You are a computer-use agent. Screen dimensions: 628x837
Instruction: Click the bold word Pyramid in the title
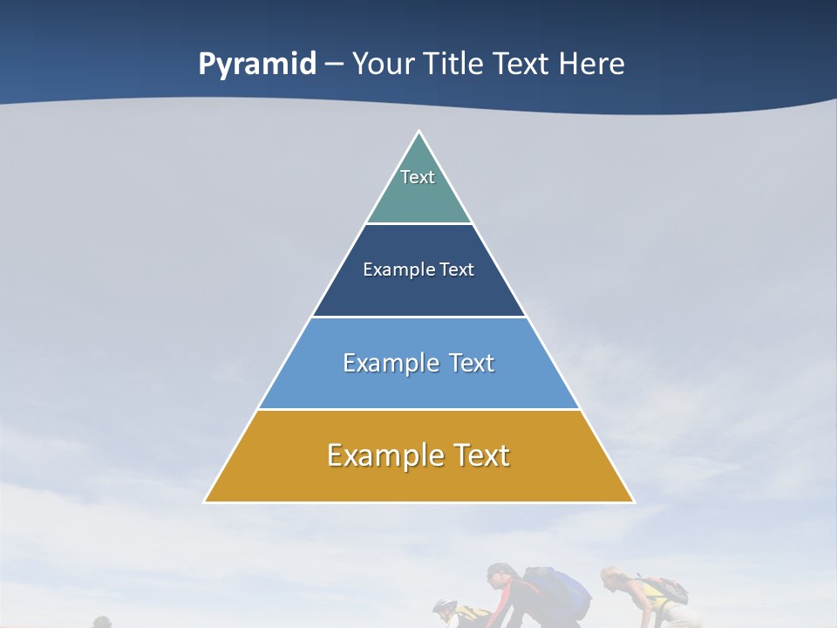pos(257,65)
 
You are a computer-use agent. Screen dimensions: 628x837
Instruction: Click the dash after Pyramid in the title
pos(334,65)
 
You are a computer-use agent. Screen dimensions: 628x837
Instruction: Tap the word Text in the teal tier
pos(418,177)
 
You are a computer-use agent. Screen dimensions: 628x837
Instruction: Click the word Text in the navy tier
pos(457,270)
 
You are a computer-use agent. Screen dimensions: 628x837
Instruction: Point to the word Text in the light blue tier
pos(472,363)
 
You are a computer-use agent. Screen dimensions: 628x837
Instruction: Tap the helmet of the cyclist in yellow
pos(444,606)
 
